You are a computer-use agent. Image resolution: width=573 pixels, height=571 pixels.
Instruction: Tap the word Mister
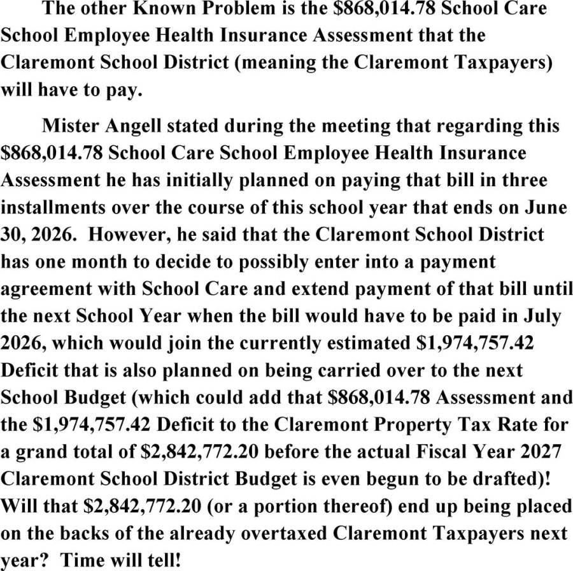(x=69, y=125)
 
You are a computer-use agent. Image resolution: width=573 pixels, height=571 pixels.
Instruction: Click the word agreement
(x=44, y=290)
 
